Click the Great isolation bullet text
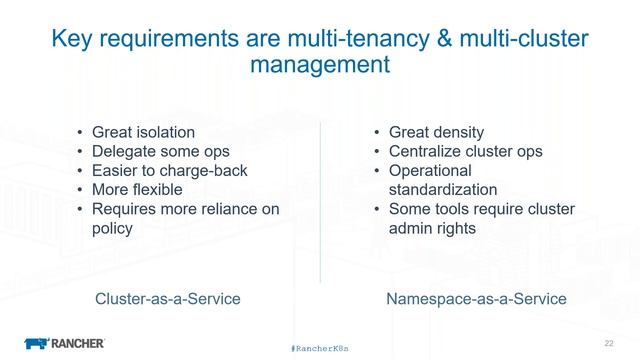coord(143,132)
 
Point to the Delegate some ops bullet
coord(160,151)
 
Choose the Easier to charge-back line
coord(169,170)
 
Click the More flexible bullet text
coord(137,189)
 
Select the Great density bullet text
coord(436,132)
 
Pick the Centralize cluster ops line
coord(465,151)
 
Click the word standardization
coord(442,189)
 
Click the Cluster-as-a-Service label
coord(166,299)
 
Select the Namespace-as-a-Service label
coord(475,299)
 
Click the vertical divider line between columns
coord(321,200)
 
